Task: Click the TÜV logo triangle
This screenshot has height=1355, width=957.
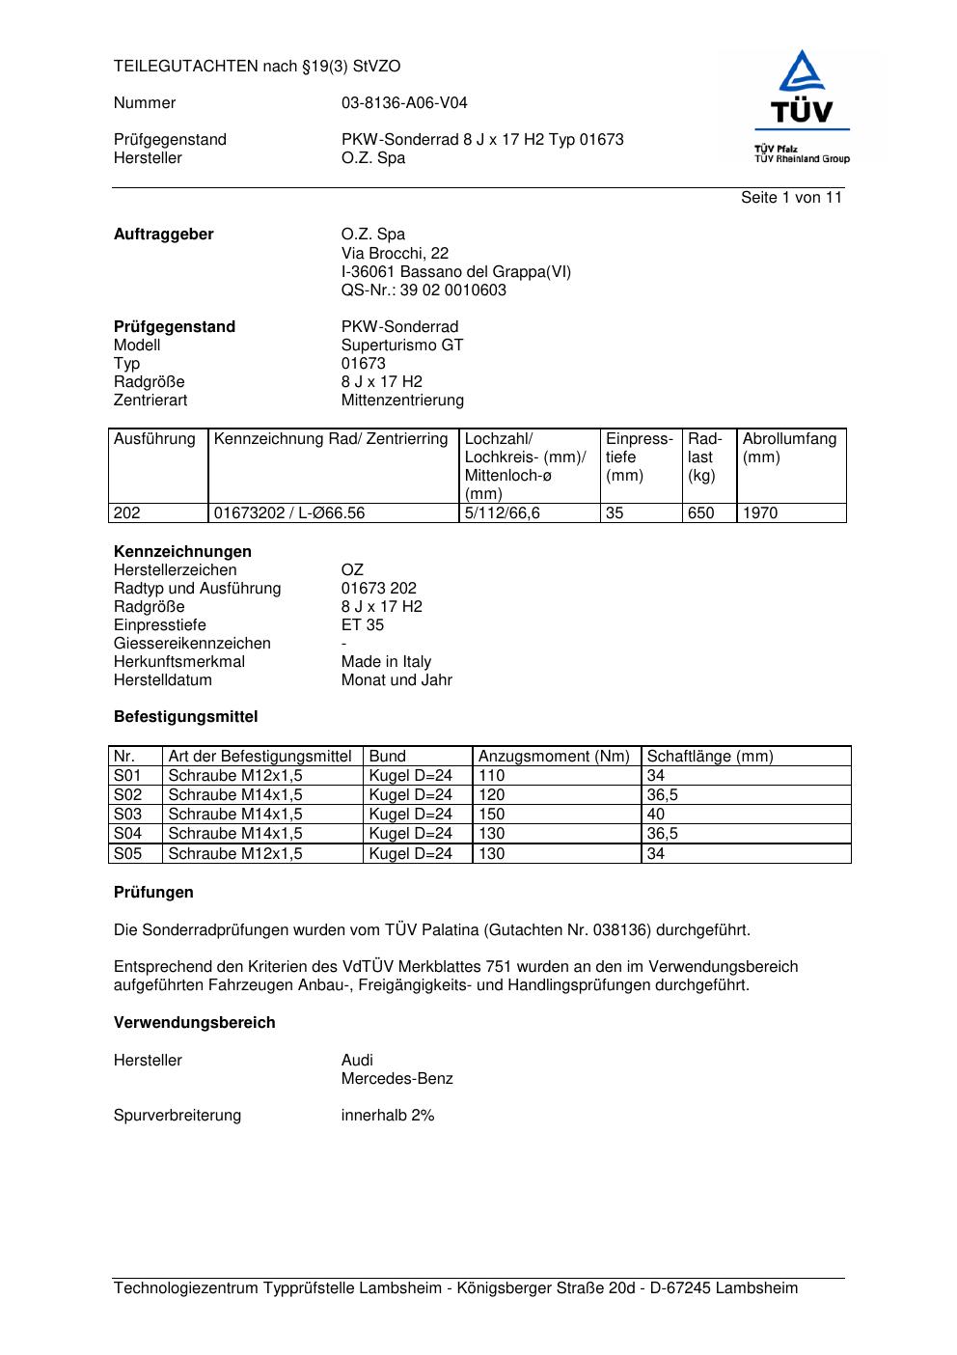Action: click(x=802, y=73)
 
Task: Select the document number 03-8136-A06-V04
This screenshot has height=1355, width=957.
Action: click(x=404, y=103)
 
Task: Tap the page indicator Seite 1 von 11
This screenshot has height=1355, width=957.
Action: click(x=791, y=198)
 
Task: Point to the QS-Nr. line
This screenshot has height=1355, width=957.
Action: click(x=424, y=290)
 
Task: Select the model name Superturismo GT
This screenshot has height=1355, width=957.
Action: click(x=402, y=346)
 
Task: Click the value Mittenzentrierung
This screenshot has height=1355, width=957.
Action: click(x=402, y=401)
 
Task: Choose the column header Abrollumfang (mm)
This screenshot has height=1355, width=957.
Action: click(x=788, y=448)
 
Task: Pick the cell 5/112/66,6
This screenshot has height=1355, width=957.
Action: click(x=502, y=513)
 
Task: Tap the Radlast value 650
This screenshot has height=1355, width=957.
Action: click(x=701, y=513)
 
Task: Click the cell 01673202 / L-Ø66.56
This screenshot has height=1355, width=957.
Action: click(x=289, y=513)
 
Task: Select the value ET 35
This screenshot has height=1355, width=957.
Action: click(x=362, y=625)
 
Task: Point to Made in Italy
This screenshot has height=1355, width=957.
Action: click(x=386, y=662)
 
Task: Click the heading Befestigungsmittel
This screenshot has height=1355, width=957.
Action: click(x=185, y=717)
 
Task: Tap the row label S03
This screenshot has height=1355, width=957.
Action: click(x=127, y=815)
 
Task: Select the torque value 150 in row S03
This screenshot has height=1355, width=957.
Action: click(x=492, y=815)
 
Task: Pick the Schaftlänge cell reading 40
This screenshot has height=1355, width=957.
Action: click(x=656, y=815)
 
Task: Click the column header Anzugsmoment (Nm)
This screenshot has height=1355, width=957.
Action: click(x=554, y=757)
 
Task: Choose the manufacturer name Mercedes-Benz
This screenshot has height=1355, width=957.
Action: click(x=396, y=1079)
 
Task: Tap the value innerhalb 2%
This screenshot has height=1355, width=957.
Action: click(x=388, y=1116)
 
